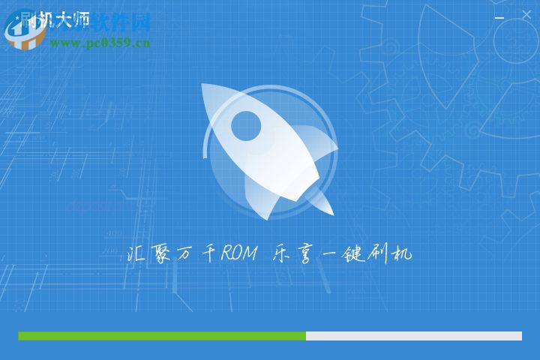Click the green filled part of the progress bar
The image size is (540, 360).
tap(161, 336)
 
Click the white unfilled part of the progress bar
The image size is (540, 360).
tap(413, 336)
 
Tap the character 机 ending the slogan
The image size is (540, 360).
tap(401, 254)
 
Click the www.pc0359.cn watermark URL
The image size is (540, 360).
tap(100, 43)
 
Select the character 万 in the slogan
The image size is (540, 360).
tap(184, 254)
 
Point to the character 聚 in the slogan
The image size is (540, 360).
tap(160, 254)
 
